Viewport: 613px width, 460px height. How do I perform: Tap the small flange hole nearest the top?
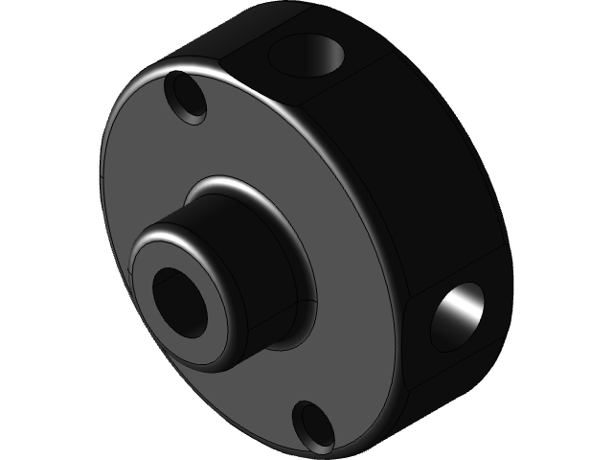pos(186,99)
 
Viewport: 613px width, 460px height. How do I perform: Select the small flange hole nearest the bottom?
pos(313,425)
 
